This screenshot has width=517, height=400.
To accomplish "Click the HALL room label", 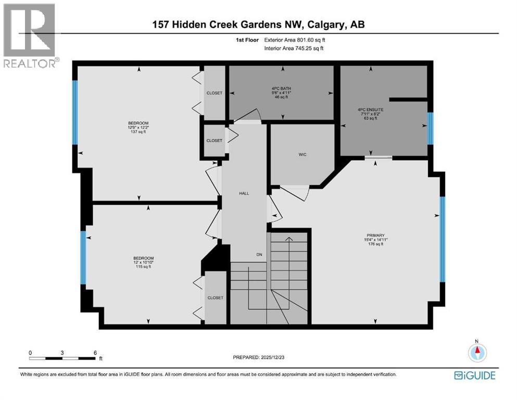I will pyautogui.click(x=244, y=193).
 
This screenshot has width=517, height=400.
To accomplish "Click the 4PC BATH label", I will pyautogui.click(x=283, y=89).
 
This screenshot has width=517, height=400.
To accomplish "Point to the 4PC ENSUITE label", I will pyautogui.click(x=364, y=109).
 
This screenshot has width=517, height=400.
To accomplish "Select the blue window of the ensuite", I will pyautogui.click(x=430, y=128).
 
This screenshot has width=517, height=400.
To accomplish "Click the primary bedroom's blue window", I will pyautogui.click(x=443, y=239).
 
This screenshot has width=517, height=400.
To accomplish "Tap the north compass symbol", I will pyautogui.click(x=476, y=353).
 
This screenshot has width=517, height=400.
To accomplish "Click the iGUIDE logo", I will pyautogui.click(x=474, y=375).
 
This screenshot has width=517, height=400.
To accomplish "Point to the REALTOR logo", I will pyautogui.click(x=30, y=35).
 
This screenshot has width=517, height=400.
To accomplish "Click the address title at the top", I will pyautogui.click(x=258, y=24).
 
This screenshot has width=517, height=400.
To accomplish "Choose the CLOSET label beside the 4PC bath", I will pyautogui.click(x=214, y=93).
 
